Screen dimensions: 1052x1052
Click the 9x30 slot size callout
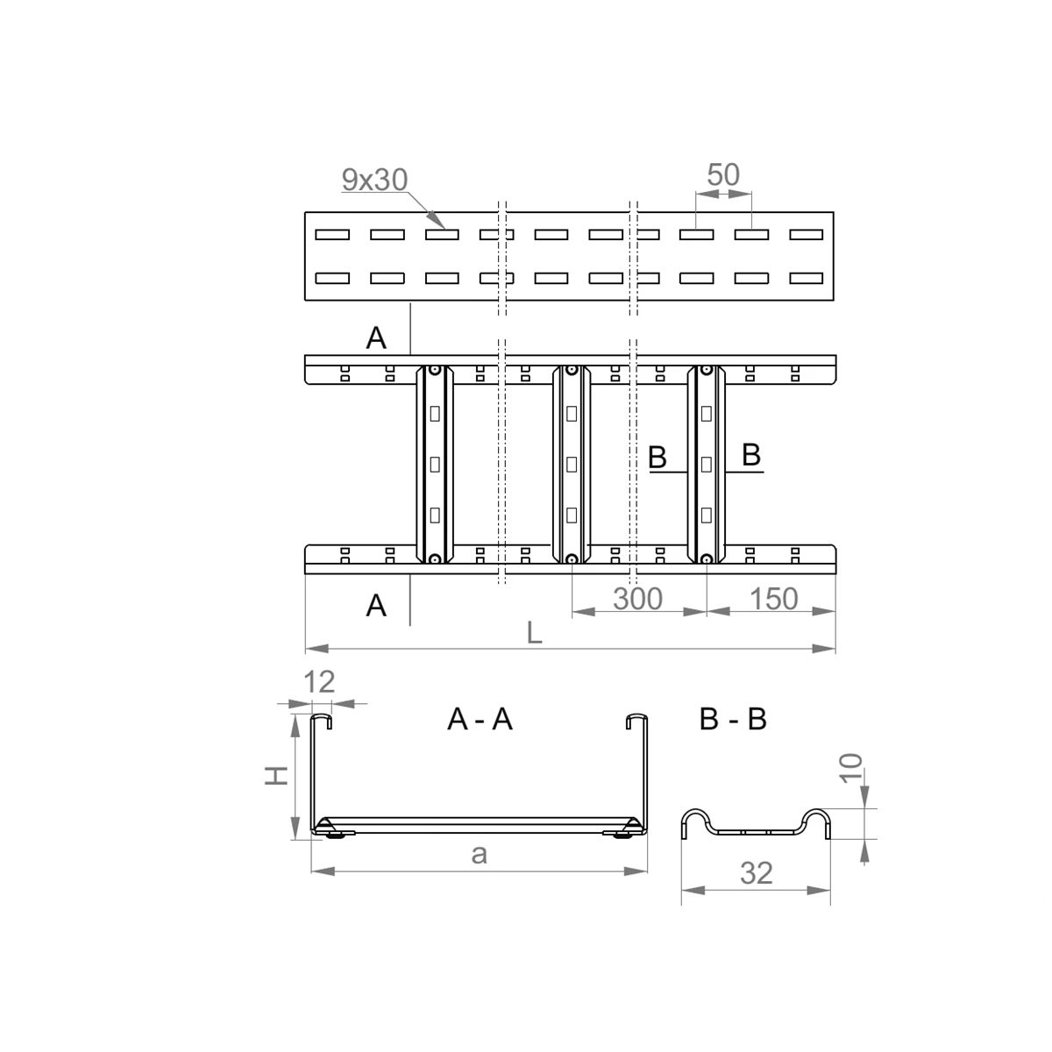point(374,180)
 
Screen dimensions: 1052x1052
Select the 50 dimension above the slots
point(723,174)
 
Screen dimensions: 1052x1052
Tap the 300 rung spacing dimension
point(637,599)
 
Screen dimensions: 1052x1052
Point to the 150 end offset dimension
point(773,599)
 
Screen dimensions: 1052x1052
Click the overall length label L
point(534,633)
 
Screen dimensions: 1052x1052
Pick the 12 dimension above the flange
point(319,682)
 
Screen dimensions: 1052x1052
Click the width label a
point(479,855)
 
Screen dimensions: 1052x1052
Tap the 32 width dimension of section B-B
point(756,873)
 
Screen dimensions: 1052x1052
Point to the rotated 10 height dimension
point(850,768)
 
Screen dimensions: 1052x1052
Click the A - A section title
point(480,719)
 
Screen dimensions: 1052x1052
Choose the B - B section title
point(733,719)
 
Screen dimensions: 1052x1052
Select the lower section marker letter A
point(376,606)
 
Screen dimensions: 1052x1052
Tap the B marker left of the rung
point(657,458)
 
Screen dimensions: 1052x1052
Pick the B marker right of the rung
point(751,455)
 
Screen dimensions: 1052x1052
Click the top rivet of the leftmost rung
point(435,371)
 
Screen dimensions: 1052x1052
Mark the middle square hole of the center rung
point(572,465)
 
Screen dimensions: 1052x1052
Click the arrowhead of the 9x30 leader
point(437,220)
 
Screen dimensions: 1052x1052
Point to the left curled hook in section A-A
point(321,719)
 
